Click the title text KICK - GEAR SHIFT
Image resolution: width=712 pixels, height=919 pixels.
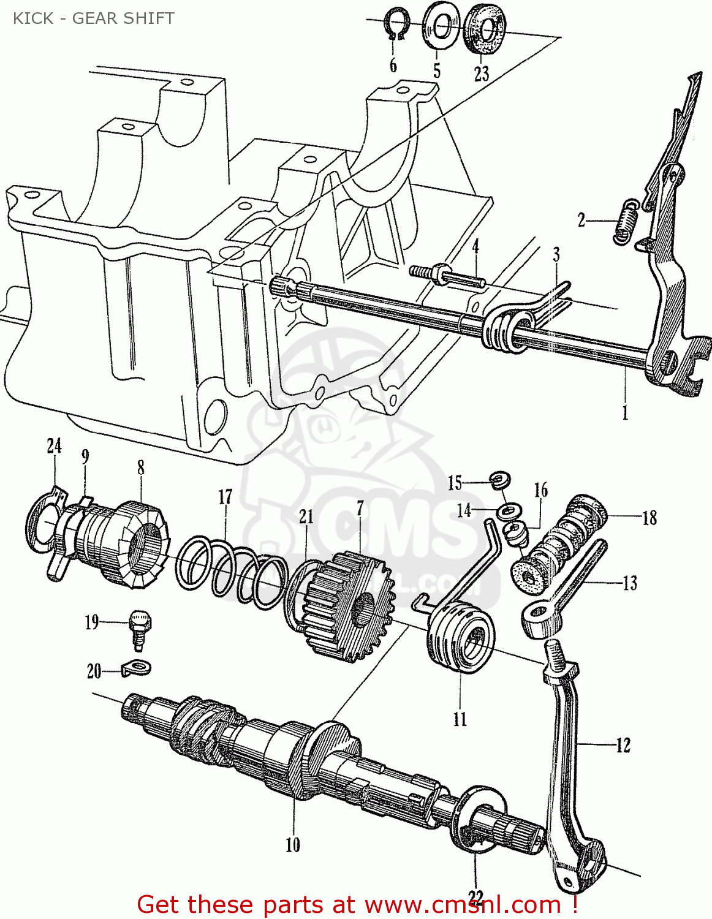pos(93,18)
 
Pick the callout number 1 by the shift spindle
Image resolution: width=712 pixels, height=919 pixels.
pos(625,413)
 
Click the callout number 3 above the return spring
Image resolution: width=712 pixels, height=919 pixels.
pos(556,254)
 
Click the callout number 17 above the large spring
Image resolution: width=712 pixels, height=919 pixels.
pos(225,497)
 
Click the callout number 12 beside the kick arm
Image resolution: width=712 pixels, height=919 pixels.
pos(623,745)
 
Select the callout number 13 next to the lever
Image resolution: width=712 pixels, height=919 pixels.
pos(630,583)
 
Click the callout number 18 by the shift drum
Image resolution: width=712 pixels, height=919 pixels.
pos(650,518)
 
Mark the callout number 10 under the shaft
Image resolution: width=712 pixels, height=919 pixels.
pos(292,845)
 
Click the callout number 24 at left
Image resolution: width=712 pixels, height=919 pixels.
pos(54,445)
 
